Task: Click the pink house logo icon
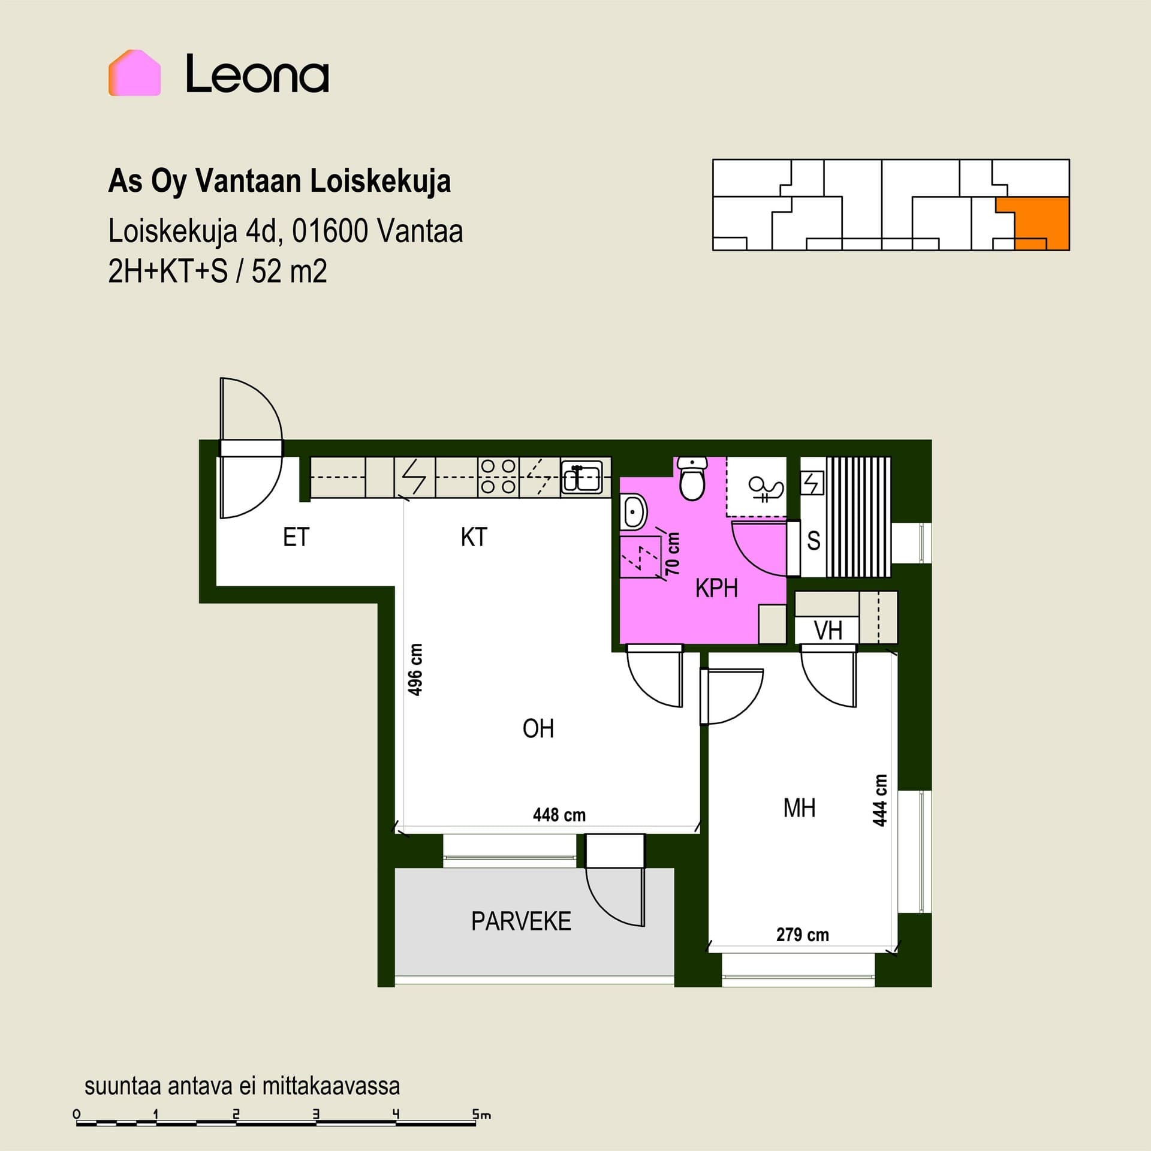(134, 73)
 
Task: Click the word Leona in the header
(257, 74)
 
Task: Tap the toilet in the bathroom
(692, 478)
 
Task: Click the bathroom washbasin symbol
(633, 513)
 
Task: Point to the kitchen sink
(581, 477)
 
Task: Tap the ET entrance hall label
(296, 537)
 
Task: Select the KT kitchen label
(474, 537)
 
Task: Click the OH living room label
(538, 729)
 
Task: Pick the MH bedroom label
(799, 808)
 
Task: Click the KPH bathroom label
(716, 588)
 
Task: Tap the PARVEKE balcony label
(521, 921)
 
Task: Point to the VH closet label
(828, 631)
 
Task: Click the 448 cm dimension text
(559, 815)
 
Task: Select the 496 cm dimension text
(415, 670)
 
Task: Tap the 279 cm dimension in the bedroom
(803, 935)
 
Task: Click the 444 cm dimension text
(879, 800)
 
